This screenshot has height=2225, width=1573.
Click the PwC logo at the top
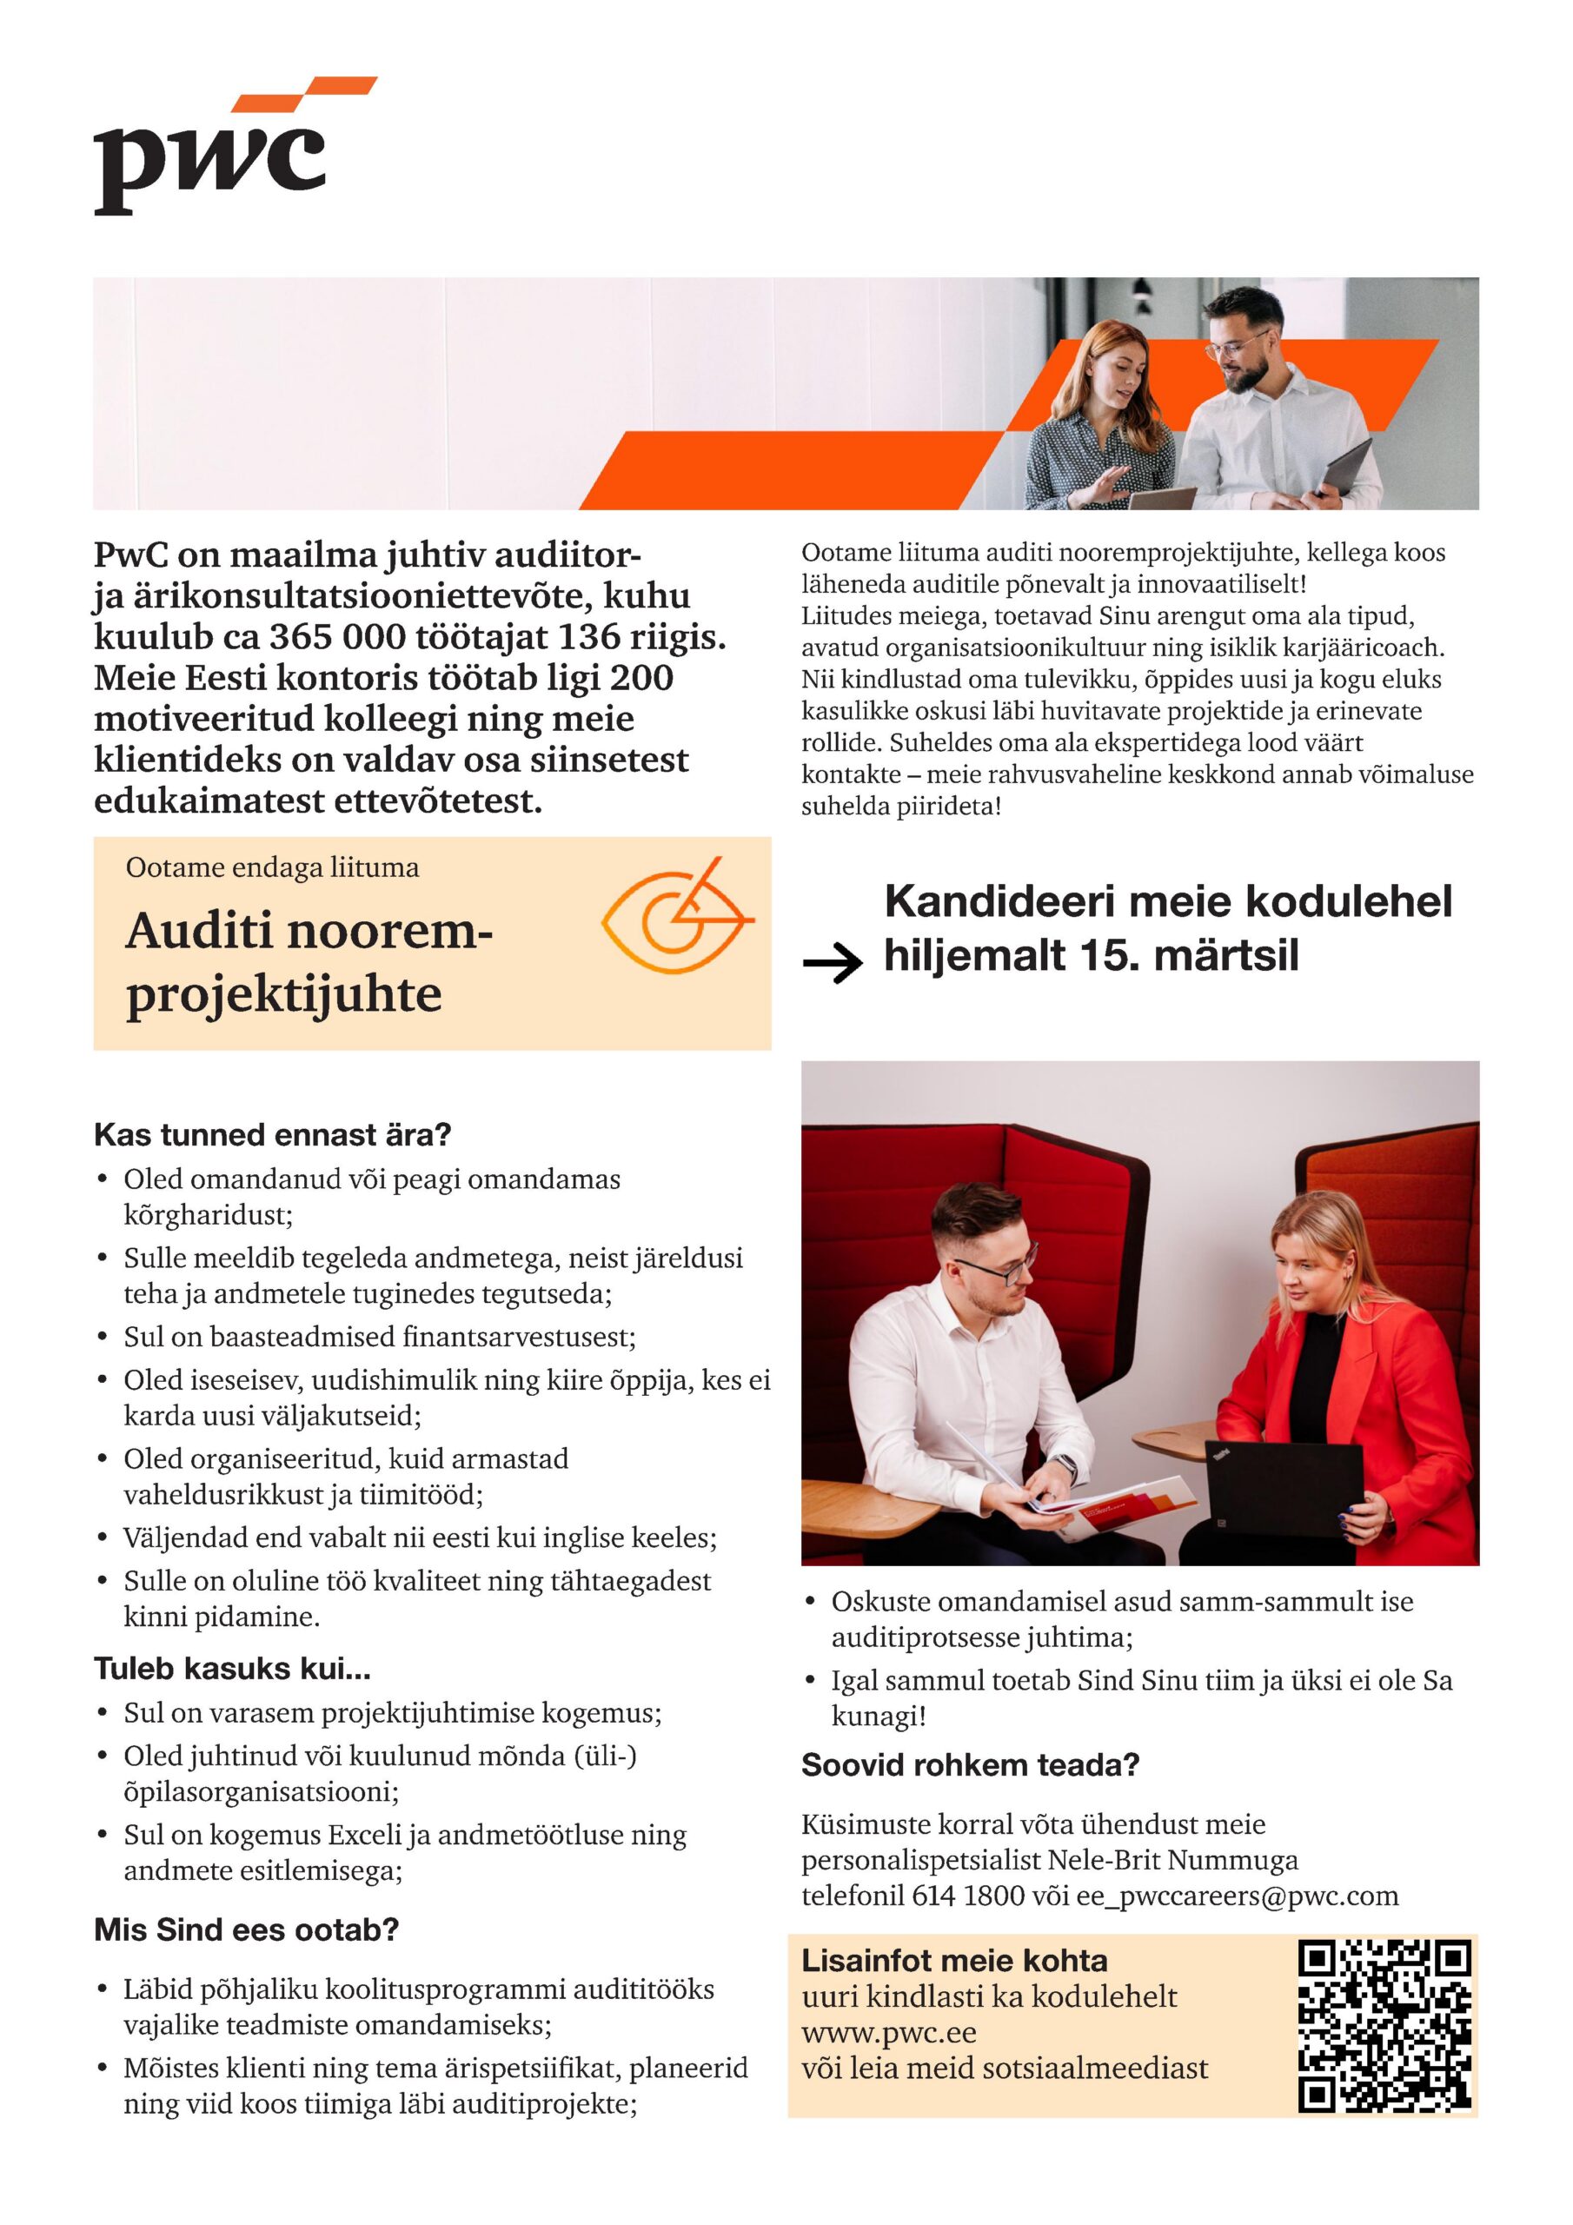223,150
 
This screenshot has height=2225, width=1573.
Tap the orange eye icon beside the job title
676,915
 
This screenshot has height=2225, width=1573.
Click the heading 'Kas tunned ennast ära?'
272,1135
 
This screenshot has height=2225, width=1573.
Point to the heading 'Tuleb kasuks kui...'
232,1669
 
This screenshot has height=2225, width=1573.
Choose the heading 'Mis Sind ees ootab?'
246,1929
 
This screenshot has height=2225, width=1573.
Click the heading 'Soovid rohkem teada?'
969,1765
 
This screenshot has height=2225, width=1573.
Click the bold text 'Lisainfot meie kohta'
953,1961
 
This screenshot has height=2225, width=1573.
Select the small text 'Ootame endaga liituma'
272,867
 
